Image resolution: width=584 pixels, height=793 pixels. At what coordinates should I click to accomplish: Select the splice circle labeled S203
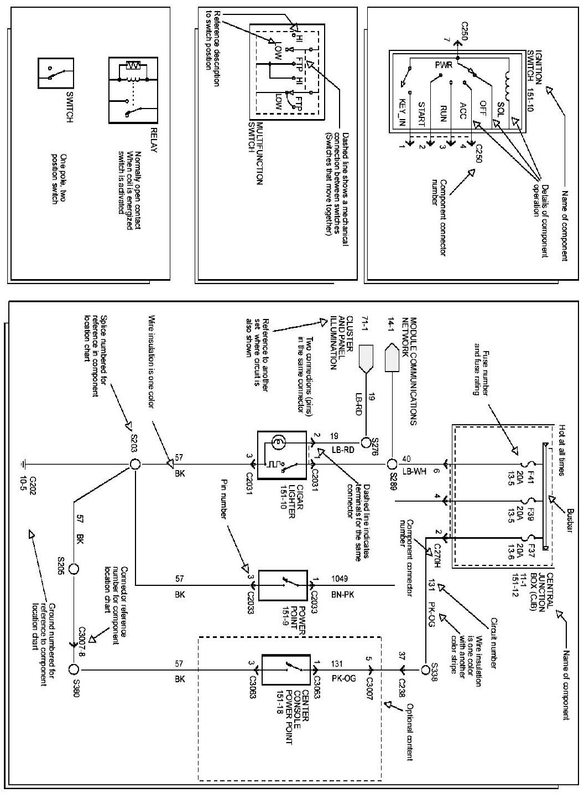tap(133, 464)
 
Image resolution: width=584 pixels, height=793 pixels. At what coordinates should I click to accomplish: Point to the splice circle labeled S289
tap(392, 464)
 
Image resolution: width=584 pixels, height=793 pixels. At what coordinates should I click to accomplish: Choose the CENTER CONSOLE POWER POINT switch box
tap(286, 670)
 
